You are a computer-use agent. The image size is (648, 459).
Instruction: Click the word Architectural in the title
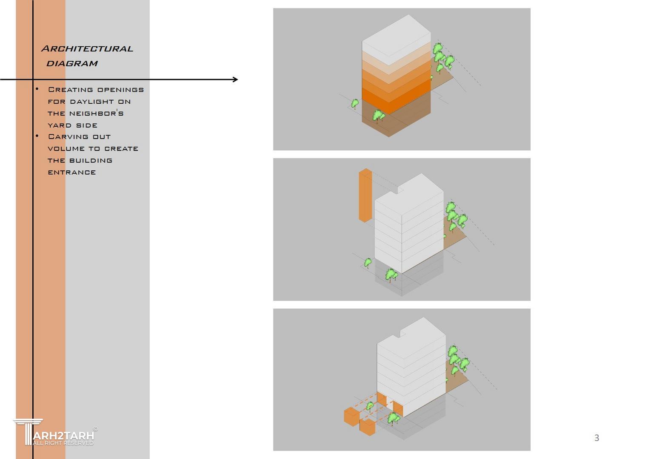(x=87, y=48)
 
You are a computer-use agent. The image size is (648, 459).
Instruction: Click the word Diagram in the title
(x=72, y=64)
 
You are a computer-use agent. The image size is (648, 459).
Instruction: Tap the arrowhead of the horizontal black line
(x=235, y=79)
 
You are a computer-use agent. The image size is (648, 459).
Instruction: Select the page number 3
(x=597, y=438)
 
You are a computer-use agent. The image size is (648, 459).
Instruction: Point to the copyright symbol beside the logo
(x=95, y=429)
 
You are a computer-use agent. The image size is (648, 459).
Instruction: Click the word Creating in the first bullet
(x=71, y=90)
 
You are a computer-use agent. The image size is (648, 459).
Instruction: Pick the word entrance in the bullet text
(x=72, y=173)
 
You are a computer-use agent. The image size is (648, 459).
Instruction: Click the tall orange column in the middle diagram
(x=365, y=195)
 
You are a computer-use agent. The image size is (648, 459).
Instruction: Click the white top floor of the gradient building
(x=396, y=40)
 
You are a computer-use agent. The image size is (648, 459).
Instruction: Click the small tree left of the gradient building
(x=355, y=104)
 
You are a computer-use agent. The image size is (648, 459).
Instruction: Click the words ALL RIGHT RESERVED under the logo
(x=63, y=443)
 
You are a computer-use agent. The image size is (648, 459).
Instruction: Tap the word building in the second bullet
(x=91, y=160)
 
